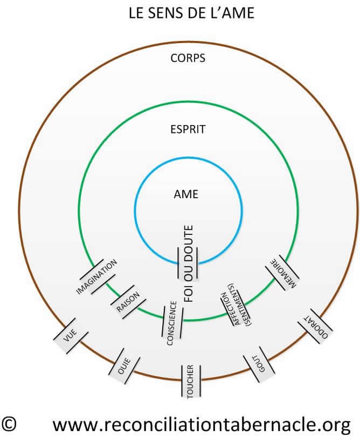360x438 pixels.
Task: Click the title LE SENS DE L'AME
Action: (x=191, y=13)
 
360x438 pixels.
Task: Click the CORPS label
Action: (x=187, y=58)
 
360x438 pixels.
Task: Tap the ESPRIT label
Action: (x=187, y=129)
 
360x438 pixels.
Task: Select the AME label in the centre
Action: (x=187, y=194)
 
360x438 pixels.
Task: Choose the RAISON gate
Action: (x=128, y=302)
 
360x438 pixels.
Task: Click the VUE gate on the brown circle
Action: (x=69, y=337)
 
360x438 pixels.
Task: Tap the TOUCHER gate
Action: (x=190, y=381)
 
